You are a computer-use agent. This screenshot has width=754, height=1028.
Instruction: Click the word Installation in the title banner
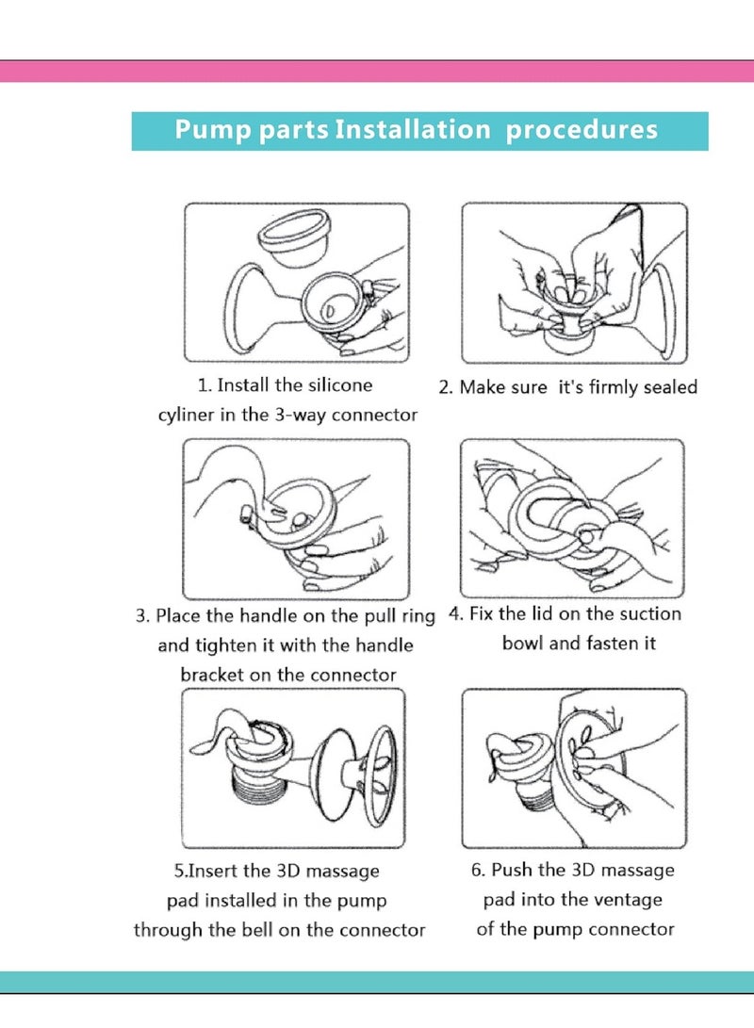pos(413,129)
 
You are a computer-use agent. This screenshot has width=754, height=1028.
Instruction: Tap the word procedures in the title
pos(582,130)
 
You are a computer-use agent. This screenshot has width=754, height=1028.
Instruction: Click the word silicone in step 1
pos(340,384)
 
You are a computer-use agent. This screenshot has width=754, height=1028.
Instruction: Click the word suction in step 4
pos(650,613)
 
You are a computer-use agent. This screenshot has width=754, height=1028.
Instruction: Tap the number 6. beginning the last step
pos(478,870)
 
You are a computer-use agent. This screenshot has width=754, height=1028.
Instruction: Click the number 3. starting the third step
pos(143,616)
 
